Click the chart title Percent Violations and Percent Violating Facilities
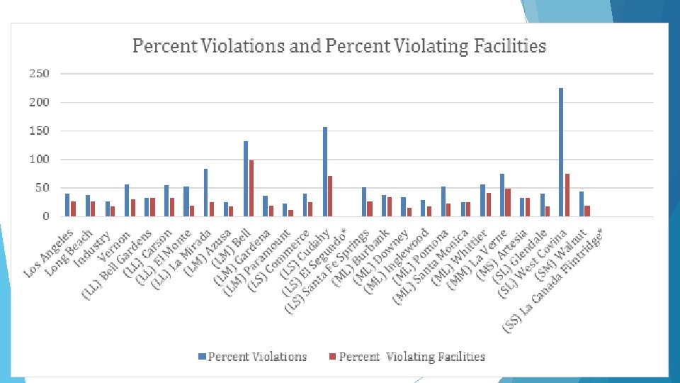click(x=339, y=47)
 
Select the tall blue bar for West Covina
click(x=561, y=152)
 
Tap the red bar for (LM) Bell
click(x=251, y=188)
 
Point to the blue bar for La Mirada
click(x=206, y=192)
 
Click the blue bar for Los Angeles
click(x=67, y=205)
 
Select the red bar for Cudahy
click(x=330, y=196)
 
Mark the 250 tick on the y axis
click(x=39, y=74)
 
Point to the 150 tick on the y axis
click(x=39, y=131)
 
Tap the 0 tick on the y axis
click(x=45, y=216)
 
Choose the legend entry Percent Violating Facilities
click(x=411, y=356)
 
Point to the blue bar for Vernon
click(x=127, y=201)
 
